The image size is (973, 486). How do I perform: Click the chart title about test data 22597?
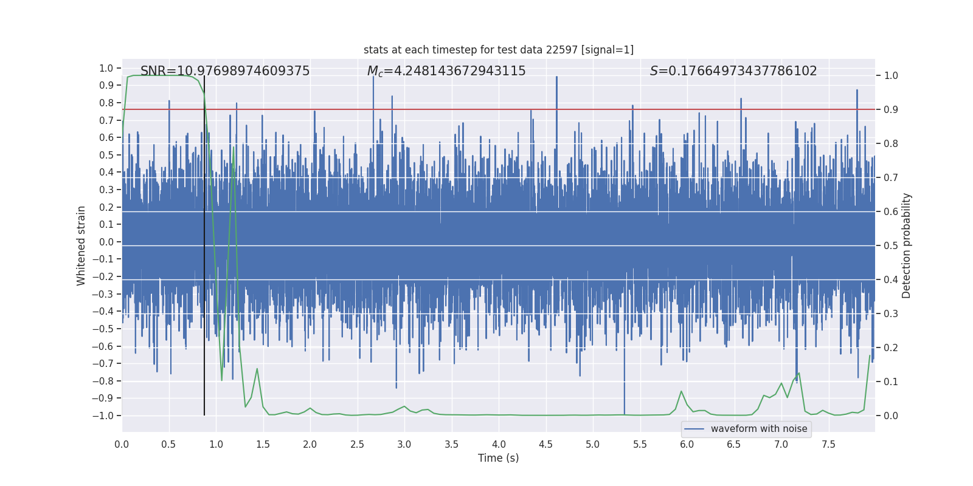coord(499,50)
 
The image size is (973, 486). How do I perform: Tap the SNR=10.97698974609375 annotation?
coord(225,71)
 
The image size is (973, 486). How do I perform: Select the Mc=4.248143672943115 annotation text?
coord(446,71)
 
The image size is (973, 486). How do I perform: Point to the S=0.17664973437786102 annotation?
coord(733,71)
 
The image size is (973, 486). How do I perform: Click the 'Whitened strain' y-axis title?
coord(81,245)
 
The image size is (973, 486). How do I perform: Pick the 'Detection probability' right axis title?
coord(907,245)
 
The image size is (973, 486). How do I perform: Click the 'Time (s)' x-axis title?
coord(499,458)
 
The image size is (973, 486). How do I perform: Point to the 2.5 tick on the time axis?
coord(357,445)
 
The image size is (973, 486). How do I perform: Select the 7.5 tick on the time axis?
coord(828,445)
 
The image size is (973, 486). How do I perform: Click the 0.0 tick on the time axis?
coord(122,445)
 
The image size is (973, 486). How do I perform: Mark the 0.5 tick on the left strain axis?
coord(106,155)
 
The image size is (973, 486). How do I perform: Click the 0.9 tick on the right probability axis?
coord(891,110)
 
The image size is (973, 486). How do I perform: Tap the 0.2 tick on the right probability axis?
coord(891,348)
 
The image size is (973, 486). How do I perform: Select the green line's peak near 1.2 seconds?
coord(234,147)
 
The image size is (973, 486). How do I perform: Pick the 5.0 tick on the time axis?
coord(593,445)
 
